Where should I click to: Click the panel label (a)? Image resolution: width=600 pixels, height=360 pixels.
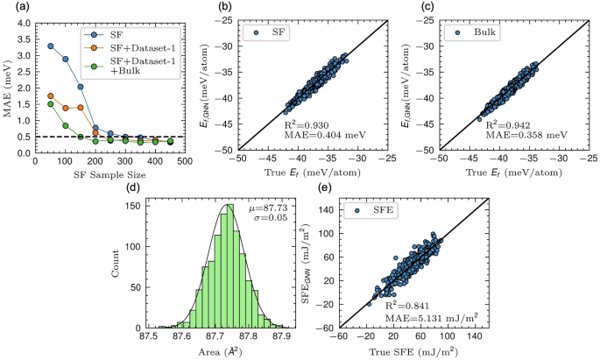11,7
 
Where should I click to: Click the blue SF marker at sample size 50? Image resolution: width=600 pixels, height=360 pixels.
50,46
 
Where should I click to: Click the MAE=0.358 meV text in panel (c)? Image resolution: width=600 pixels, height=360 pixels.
519,139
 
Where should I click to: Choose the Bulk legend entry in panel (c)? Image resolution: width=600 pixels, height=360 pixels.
474,32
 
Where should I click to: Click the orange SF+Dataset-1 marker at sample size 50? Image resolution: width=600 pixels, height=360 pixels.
50,96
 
